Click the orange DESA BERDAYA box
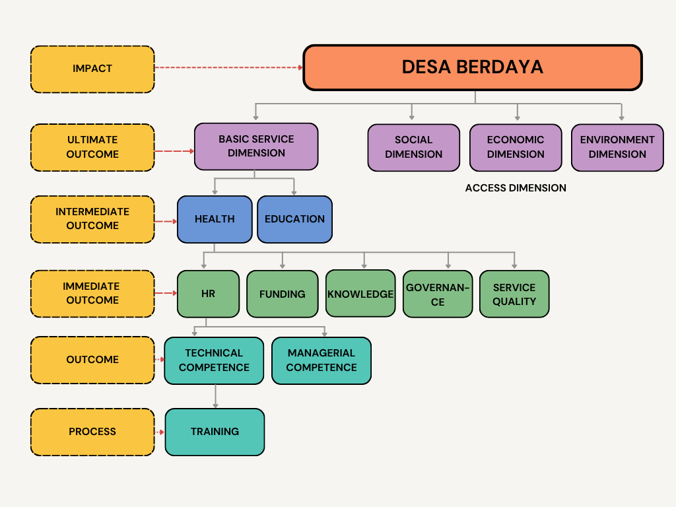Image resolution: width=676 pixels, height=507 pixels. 473,67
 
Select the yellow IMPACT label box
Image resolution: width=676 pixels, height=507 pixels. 92,69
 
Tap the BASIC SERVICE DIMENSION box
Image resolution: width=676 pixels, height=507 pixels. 256,146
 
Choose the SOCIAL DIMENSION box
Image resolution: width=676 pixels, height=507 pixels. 413,147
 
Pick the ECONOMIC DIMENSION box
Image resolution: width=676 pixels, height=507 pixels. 516,147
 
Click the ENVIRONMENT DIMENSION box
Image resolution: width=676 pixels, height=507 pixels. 617,147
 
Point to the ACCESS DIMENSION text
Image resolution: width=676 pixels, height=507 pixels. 516,188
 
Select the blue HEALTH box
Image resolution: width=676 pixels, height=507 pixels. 215,219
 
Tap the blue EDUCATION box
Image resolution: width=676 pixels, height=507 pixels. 294,219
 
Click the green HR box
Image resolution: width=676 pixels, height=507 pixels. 208,294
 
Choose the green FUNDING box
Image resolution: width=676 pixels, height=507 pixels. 282,294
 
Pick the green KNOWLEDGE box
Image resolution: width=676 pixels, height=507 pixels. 360,294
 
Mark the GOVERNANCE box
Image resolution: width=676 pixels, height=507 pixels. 438,294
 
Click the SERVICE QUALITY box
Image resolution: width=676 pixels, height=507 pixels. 514,294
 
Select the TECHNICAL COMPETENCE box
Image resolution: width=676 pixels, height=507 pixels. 214,360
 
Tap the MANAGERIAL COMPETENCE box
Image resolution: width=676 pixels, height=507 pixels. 321,360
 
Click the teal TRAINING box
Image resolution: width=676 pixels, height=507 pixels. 215,432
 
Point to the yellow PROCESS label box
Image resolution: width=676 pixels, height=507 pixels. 92,432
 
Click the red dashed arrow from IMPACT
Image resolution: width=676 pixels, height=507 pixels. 228,67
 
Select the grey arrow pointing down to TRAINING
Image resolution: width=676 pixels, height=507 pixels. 215,396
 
